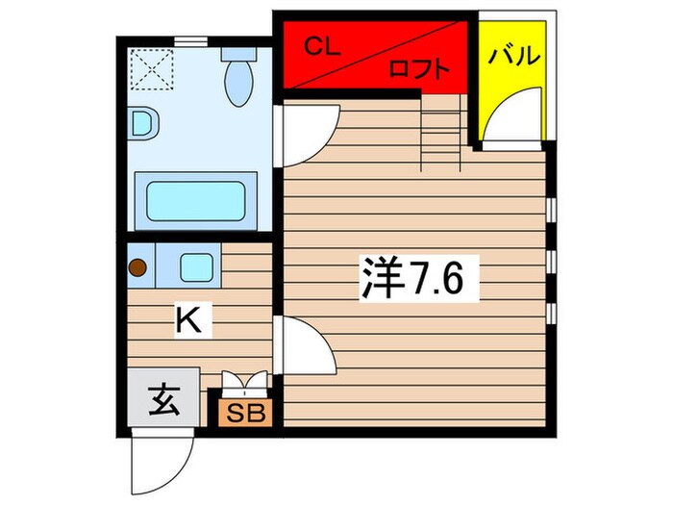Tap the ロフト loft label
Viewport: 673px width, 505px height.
click(x=419, y=69)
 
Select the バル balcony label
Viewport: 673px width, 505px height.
click(x=513, y=56)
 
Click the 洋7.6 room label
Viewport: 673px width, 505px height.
click(x=414, y=278)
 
